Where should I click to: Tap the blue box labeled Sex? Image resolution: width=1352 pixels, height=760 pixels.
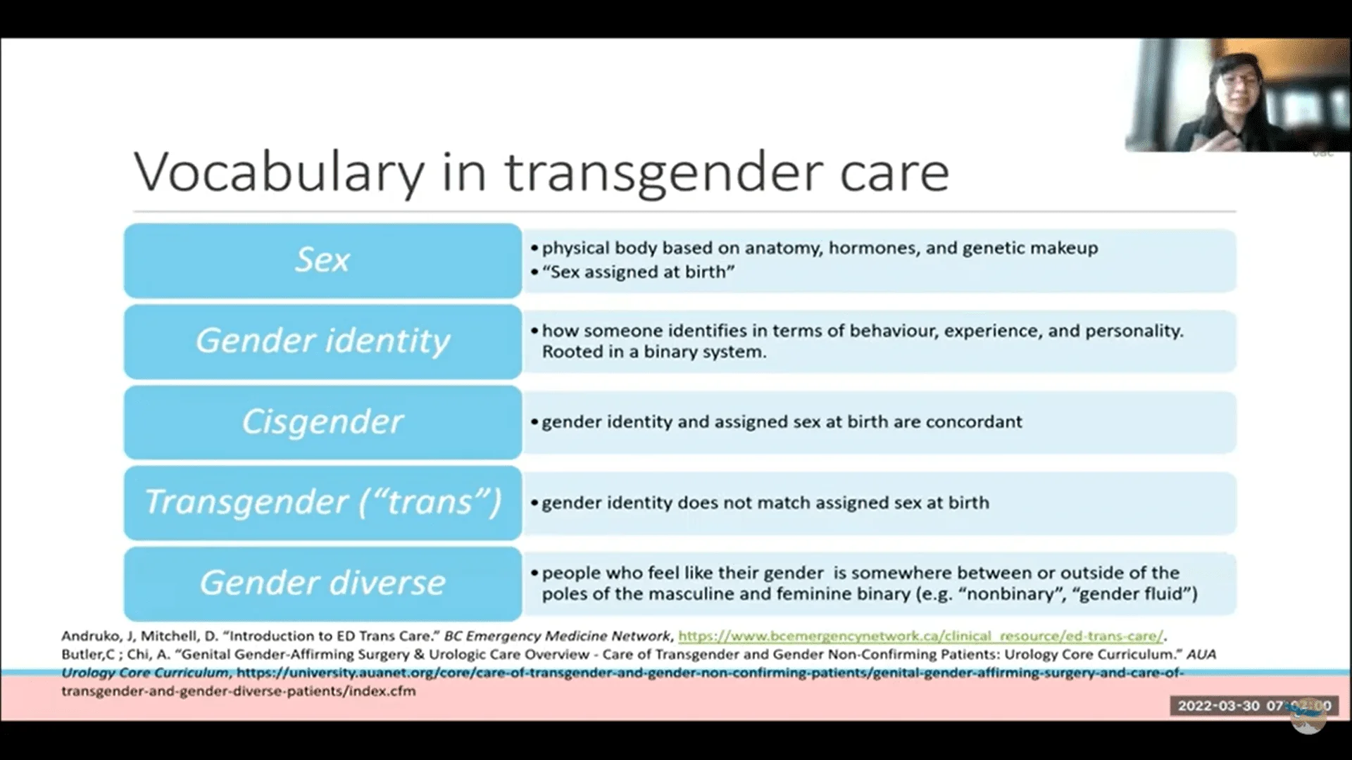pyautogui.click(x=323, y=260)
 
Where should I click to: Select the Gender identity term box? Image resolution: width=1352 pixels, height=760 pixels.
pyautogui.click(x=323, y=341)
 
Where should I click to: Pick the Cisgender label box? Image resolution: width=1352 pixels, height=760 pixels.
pyautogui.click(x=323, y=422)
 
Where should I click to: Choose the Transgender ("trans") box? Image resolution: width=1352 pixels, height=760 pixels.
pyautogui.click(x=323, y=502)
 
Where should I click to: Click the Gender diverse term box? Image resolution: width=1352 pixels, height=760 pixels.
pyautogui.click(x=323, y=583)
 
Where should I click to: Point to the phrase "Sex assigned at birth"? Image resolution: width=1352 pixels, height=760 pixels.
pyautogui.click(x=639, y=272)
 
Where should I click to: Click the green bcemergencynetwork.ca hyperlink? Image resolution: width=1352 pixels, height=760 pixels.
pyautogui.click(x=921, y=636)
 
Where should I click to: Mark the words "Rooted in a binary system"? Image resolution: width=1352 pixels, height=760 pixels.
pyautogui.click(x=654, y=351)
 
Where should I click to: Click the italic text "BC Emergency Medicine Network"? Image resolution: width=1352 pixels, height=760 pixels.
pyautogui.click(x=558, y=636)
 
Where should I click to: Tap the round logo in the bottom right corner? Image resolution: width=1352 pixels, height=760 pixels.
pyautogui.click(x=1308, y=716)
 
